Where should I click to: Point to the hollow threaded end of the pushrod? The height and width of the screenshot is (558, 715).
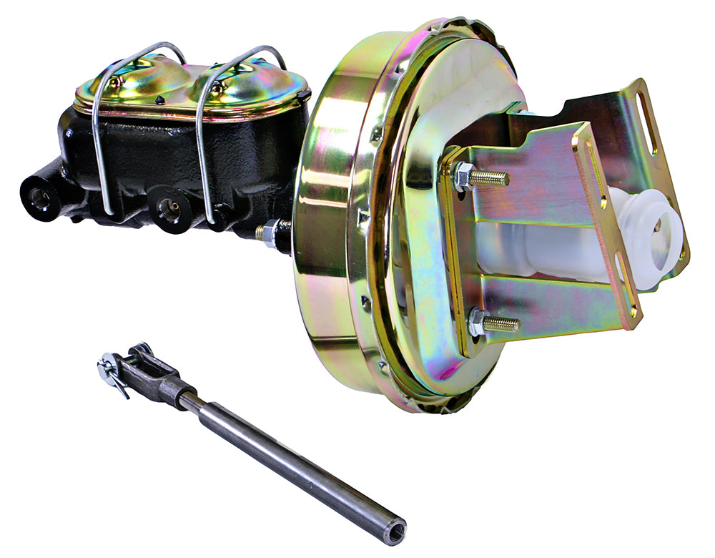tap(394, 531)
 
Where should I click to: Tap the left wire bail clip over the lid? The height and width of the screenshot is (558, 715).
tap(104, 129)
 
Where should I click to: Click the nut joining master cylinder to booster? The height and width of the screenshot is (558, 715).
tap(270, 233)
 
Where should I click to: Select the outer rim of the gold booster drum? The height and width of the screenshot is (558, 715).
tap(322, 250)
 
